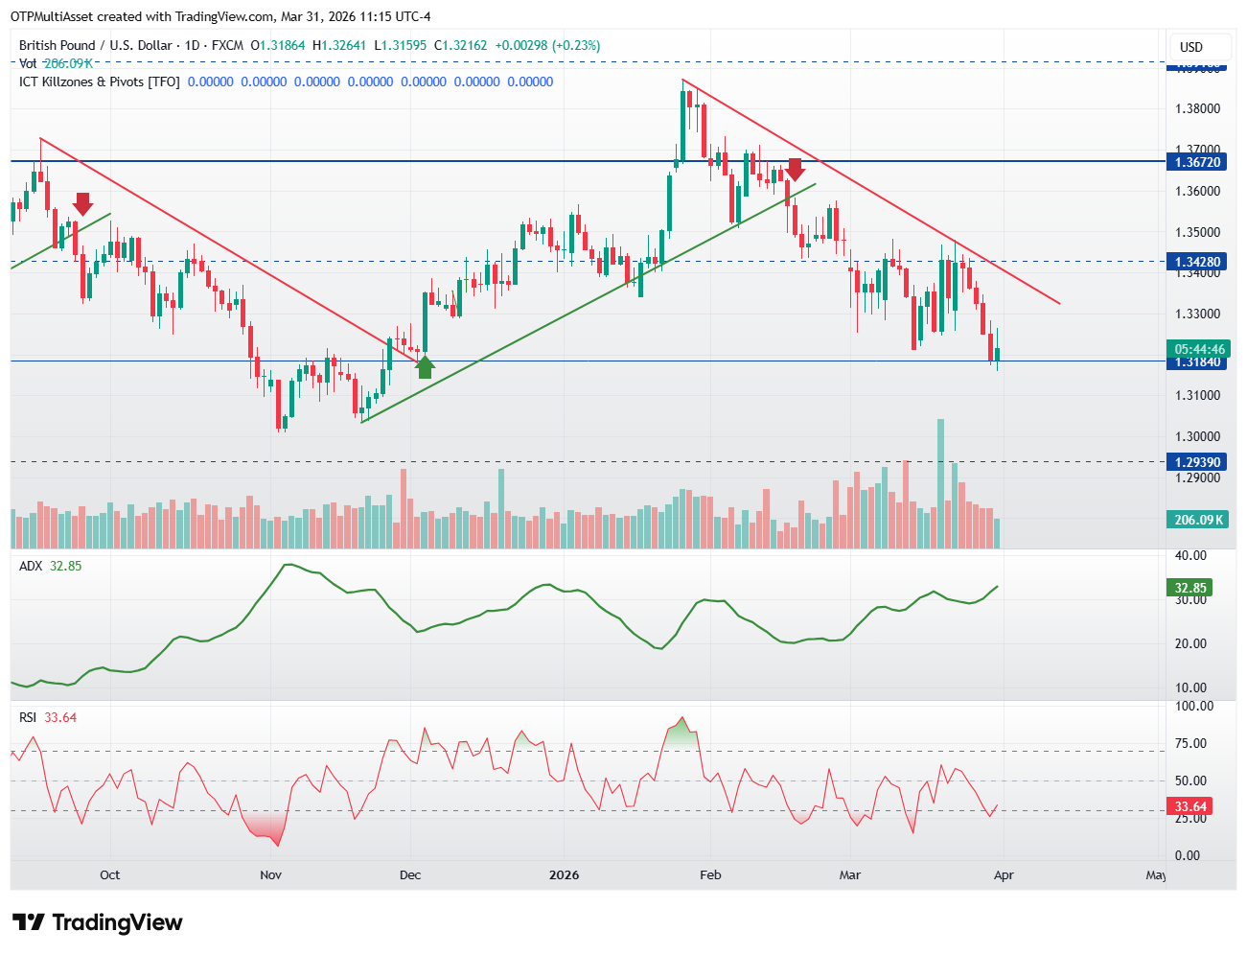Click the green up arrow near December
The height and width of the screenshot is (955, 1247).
tap(425, 365)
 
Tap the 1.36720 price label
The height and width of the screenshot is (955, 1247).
tap(1198, 162)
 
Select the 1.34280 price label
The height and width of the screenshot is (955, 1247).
tap(1198, 262)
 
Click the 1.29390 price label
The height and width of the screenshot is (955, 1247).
tap(1198, 462)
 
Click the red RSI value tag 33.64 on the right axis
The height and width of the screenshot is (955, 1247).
tap(1190, 806)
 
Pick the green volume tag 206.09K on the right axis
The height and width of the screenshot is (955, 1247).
tap(1198, 520)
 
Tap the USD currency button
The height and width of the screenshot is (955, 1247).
tap(1190, 47)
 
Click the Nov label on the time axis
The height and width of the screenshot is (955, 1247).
tap(271, 874)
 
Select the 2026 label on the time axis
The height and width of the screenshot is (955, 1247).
tap(564, 874)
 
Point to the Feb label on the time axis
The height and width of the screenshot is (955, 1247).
tap(710, 874)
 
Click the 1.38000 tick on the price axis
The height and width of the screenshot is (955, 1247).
tap(1198, 108)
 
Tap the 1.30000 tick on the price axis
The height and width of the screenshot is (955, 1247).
tap(1198, 436)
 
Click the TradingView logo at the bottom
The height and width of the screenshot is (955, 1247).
tap(98, 922)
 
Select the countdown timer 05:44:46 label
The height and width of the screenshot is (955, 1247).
tap(1199, 349)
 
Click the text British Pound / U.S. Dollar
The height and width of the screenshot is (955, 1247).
tap(96, 45)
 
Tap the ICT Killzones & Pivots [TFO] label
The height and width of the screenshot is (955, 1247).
tap(100, 82)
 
